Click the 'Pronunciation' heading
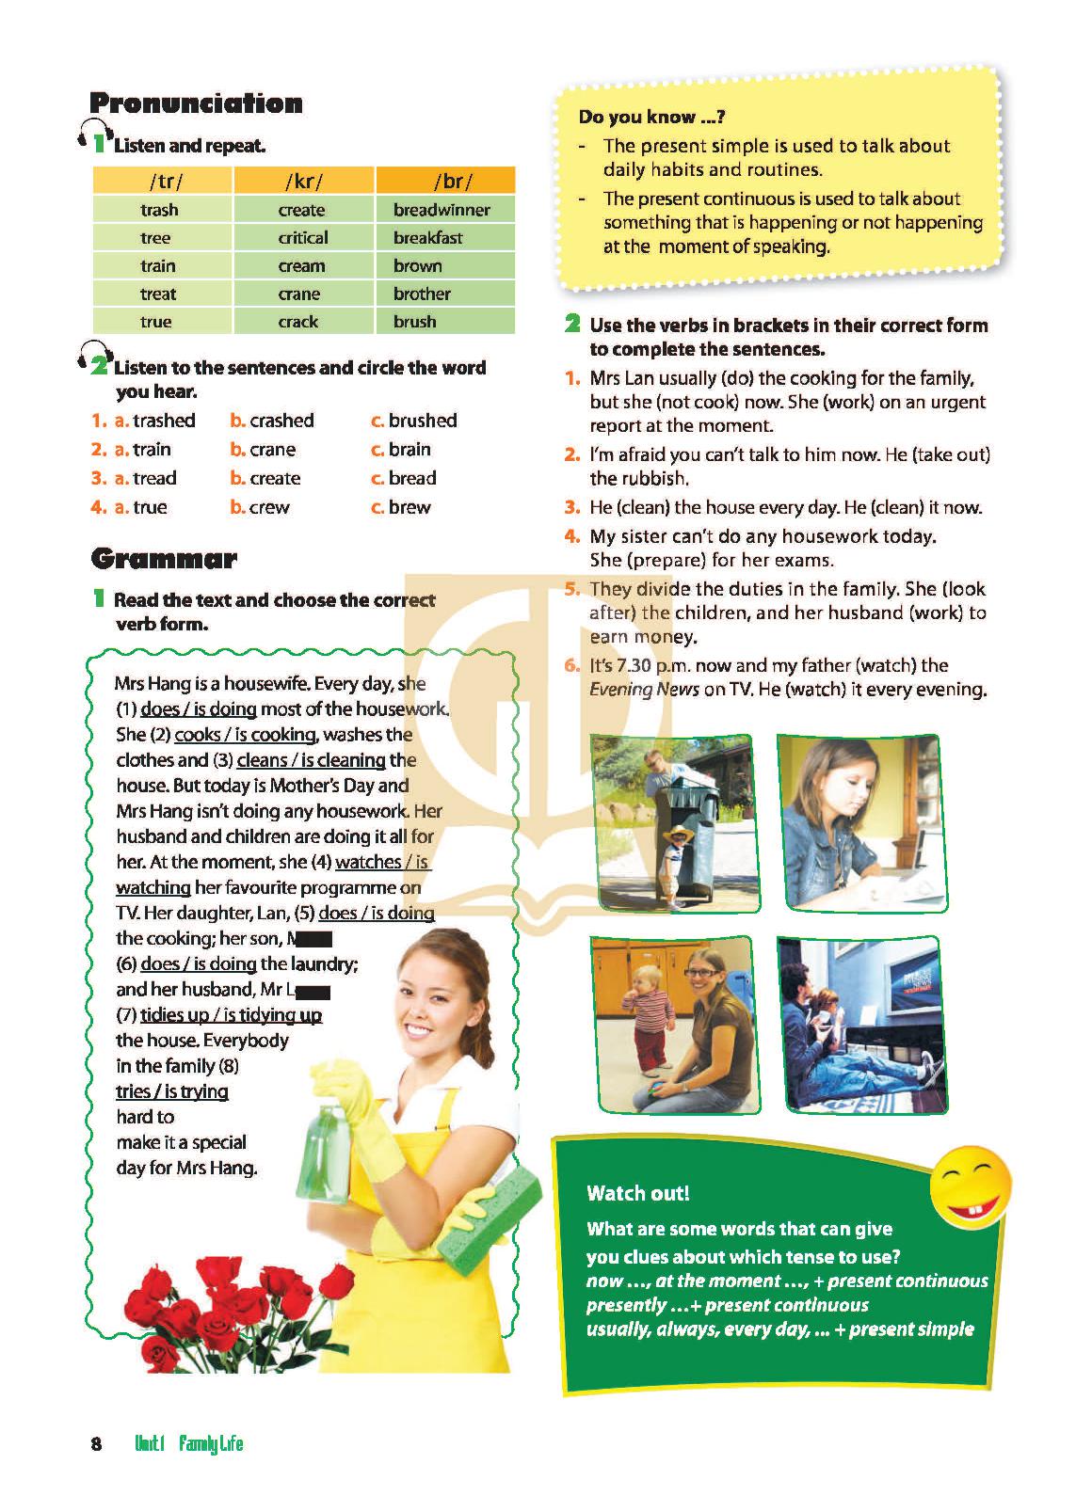coord(196,103)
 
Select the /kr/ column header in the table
coord(303,181)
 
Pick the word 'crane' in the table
coord(299,294)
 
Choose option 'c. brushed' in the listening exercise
coord(414,421)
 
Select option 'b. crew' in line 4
coord(261,507)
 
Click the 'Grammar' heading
coord(164,559)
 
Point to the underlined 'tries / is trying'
coord(172,1091)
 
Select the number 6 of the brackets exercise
coord(571,665)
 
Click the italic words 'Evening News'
coord(644,690)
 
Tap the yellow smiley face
coord(970,1182)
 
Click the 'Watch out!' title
coord(638,1193)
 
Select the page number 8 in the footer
coord(96,1443)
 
